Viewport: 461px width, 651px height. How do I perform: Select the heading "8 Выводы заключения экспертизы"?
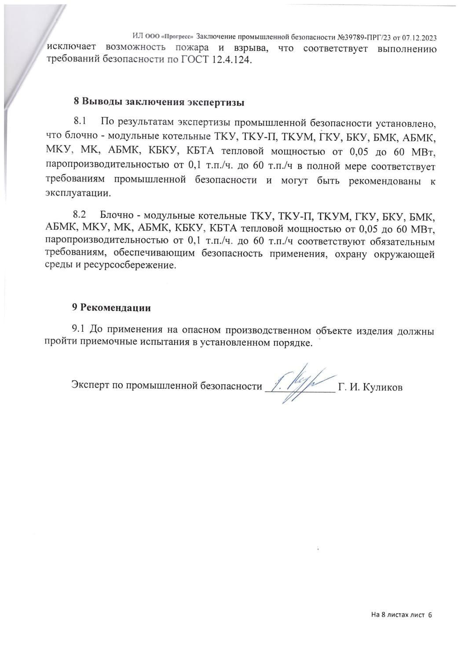click(x=158, y=103)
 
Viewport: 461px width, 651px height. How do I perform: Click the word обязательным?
click(x=402, y=242)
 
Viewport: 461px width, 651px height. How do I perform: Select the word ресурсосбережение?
click(x=132, y=266)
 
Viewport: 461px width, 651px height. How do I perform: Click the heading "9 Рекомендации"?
click(x=112, y=308)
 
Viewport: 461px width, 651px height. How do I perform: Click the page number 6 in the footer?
click(x=430, y=615)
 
